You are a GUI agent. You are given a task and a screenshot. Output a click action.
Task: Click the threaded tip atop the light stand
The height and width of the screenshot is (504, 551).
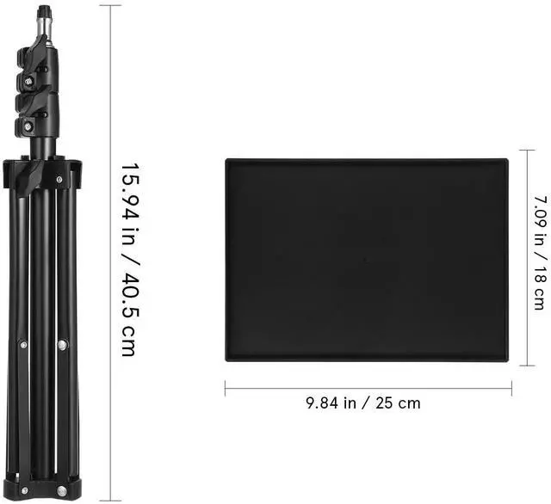pyautogui.click(x=45, y=12)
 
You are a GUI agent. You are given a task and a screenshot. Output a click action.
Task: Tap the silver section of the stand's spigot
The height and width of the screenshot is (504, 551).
pyautogui.click(x=45, y=28)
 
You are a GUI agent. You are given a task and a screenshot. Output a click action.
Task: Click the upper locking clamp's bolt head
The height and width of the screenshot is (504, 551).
pyautogui.click(x=28, y=82)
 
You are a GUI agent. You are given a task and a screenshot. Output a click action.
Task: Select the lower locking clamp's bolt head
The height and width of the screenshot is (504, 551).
pyautogui.click(x=28, y=126)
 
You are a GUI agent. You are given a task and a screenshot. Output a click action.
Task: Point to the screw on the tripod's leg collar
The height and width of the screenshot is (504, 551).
pyautogui.click(x=59, y=180)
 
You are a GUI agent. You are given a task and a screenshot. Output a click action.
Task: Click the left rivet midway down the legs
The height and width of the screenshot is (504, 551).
pyautogui.click(x=23, y=345)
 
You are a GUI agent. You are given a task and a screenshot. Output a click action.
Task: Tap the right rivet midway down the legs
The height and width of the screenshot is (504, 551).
pyautogui.click(x=63, y=345)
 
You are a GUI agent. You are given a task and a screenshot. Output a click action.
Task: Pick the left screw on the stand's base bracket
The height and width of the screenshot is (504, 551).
pyautogui.click(x=25, y=490)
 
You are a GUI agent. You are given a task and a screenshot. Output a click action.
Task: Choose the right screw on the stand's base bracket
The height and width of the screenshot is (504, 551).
pyautogui.click(x=61, y=490)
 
